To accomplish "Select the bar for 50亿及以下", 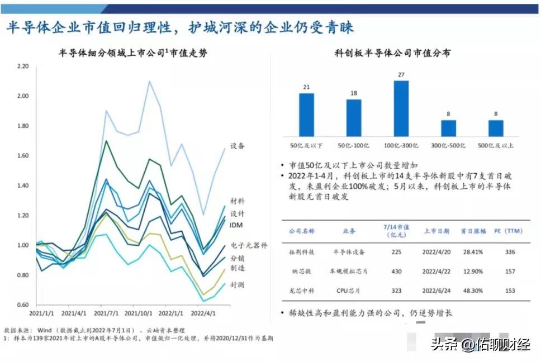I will point(306,115).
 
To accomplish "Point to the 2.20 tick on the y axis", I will point(22,66).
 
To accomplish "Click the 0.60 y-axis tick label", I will point(22,304).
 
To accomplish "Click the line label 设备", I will point(238,146).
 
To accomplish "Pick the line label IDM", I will point(236,225).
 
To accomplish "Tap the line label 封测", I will point(238,285).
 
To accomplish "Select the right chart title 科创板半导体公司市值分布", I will point(392,53).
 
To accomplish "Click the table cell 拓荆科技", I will point(301,252).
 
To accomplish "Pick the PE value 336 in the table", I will point(509,252).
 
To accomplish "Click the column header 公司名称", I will point(301,230).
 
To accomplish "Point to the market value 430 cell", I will point(396,271).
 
